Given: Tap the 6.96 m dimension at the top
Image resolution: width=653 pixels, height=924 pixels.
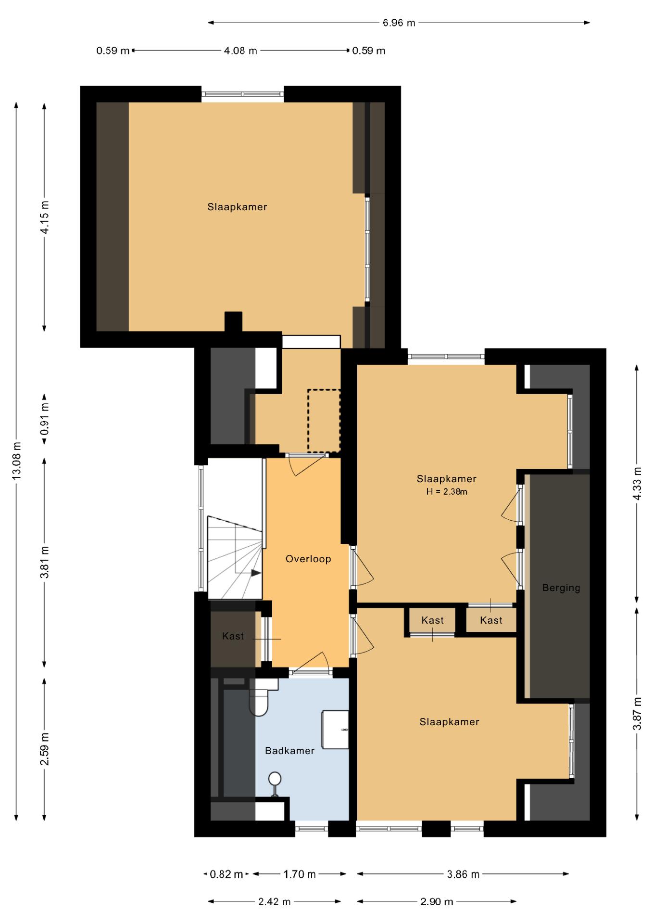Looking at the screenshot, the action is tap(399, 23).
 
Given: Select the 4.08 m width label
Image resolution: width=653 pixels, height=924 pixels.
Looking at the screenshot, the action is tap(240, 51).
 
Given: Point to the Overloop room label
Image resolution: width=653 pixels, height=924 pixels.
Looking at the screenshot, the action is tap(308, 559).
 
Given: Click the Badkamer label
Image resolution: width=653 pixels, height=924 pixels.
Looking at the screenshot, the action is tap(290, 750).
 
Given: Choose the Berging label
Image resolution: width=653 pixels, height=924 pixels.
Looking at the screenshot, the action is tap(561, 588).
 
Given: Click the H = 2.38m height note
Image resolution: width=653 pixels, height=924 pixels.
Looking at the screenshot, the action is tap(447, 492).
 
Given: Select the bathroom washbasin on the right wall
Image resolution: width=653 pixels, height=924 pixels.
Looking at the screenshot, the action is tap(335, 730).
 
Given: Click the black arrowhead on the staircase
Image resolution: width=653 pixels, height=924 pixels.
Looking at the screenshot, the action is tap(256, 573).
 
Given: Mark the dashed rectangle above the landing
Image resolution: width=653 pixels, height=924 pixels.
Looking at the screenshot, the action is tap(324, 421).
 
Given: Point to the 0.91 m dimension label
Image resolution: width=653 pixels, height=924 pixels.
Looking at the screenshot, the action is tap(45, 422).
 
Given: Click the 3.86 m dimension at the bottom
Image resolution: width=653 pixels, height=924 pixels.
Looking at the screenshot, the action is tap(463, 874).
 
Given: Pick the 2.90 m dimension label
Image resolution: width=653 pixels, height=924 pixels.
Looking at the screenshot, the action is tap(437, 902).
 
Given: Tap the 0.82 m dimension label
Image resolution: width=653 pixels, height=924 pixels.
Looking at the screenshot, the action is tap(226, 874).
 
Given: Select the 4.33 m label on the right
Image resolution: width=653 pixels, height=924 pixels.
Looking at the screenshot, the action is tap(637, 483).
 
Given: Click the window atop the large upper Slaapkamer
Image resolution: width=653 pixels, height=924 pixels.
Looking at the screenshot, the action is tap(242, 94).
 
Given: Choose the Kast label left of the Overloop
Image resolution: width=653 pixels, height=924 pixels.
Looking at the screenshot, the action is tap(233, 636).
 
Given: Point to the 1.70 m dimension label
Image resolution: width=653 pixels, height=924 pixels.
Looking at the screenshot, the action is tap(299, 874).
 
